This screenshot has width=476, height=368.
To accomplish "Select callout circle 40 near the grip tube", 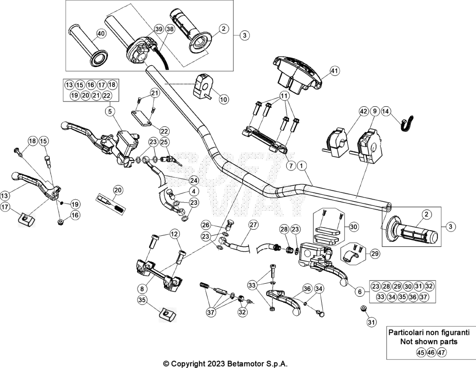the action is (101, 34).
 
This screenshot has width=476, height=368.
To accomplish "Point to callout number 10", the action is (223, 99).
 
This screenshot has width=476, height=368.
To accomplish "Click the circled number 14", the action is (385, 111).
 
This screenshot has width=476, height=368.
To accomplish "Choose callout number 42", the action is (363, 111).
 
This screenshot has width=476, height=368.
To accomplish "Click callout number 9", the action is (374, 111).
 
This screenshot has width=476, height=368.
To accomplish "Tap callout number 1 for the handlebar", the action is (301, 166).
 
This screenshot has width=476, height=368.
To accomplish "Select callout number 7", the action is (291, 166).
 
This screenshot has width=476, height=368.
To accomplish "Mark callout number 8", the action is (142, 288).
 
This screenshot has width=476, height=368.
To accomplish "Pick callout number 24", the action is (193, 180).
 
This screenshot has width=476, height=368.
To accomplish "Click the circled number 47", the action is (442, 353).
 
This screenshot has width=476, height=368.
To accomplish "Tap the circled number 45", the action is (420, 353).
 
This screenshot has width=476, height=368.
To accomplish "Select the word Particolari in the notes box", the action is (405, 333).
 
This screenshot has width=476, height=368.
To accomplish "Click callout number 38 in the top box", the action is (170, 29).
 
